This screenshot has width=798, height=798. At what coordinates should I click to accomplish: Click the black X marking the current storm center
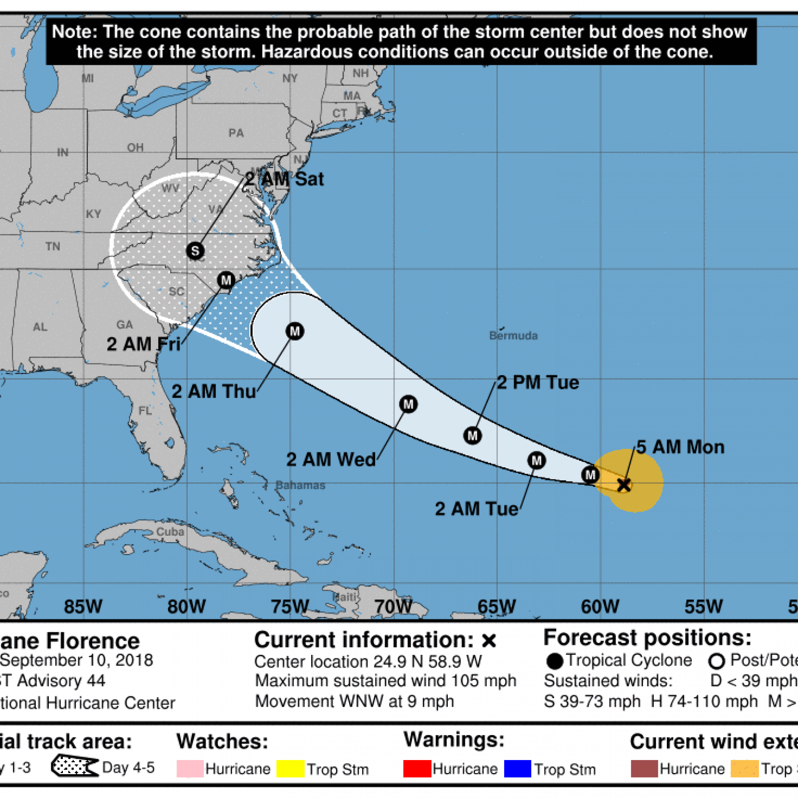point(624,485)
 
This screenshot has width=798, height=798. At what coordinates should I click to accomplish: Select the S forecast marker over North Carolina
point(195,250)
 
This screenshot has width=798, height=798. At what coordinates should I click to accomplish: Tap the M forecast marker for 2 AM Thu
point(295,331)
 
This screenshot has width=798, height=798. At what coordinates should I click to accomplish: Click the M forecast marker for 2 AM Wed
point(408,404)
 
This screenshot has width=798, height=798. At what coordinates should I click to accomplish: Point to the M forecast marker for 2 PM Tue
point(472,435)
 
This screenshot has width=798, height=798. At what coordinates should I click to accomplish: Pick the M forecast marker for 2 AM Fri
point(226,280)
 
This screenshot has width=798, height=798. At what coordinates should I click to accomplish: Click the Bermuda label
point(513,336)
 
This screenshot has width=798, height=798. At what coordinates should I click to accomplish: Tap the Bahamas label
point(300,485)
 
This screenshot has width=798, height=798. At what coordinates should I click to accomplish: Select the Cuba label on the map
point(170,532)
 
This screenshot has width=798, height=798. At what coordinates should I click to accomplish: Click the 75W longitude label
point(290,606)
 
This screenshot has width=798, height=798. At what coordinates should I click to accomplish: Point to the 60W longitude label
point(600,606)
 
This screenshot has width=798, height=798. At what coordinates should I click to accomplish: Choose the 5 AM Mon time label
point(680,447)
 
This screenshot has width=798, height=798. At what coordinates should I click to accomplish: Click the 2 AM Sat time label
point(284,179)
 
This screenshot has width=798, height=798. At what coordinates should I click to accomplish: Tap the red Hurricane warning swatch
point(417,769)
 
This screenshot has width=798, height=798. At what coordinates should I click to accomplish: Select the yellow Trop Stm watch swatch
point(290,769)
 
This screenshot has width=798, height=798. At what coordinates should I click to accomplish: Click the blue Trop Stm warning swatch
point(518,769)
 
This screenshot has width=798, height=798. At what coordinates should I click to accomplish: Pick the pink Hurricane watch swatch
point(190,769)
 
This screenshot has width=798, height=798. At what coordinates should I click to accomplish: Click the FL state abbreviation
point(145,411)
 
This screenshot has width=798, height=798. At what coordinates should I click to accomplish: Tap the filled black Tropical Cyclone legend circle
point(555,661)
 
